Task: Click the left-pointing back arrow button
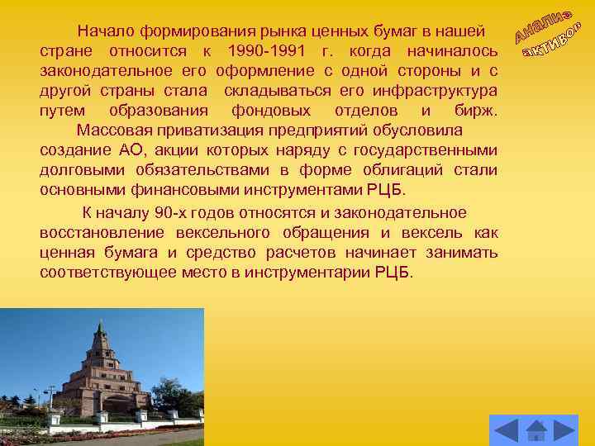pos(506,430)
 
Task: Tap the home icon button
pos(536,430)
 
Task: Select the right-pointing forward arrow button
pos(564,430)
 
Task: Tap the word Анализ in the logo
pos(545,24)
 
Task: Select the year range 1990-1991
pos(267,52)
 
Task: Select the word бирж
pos(477,111)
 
